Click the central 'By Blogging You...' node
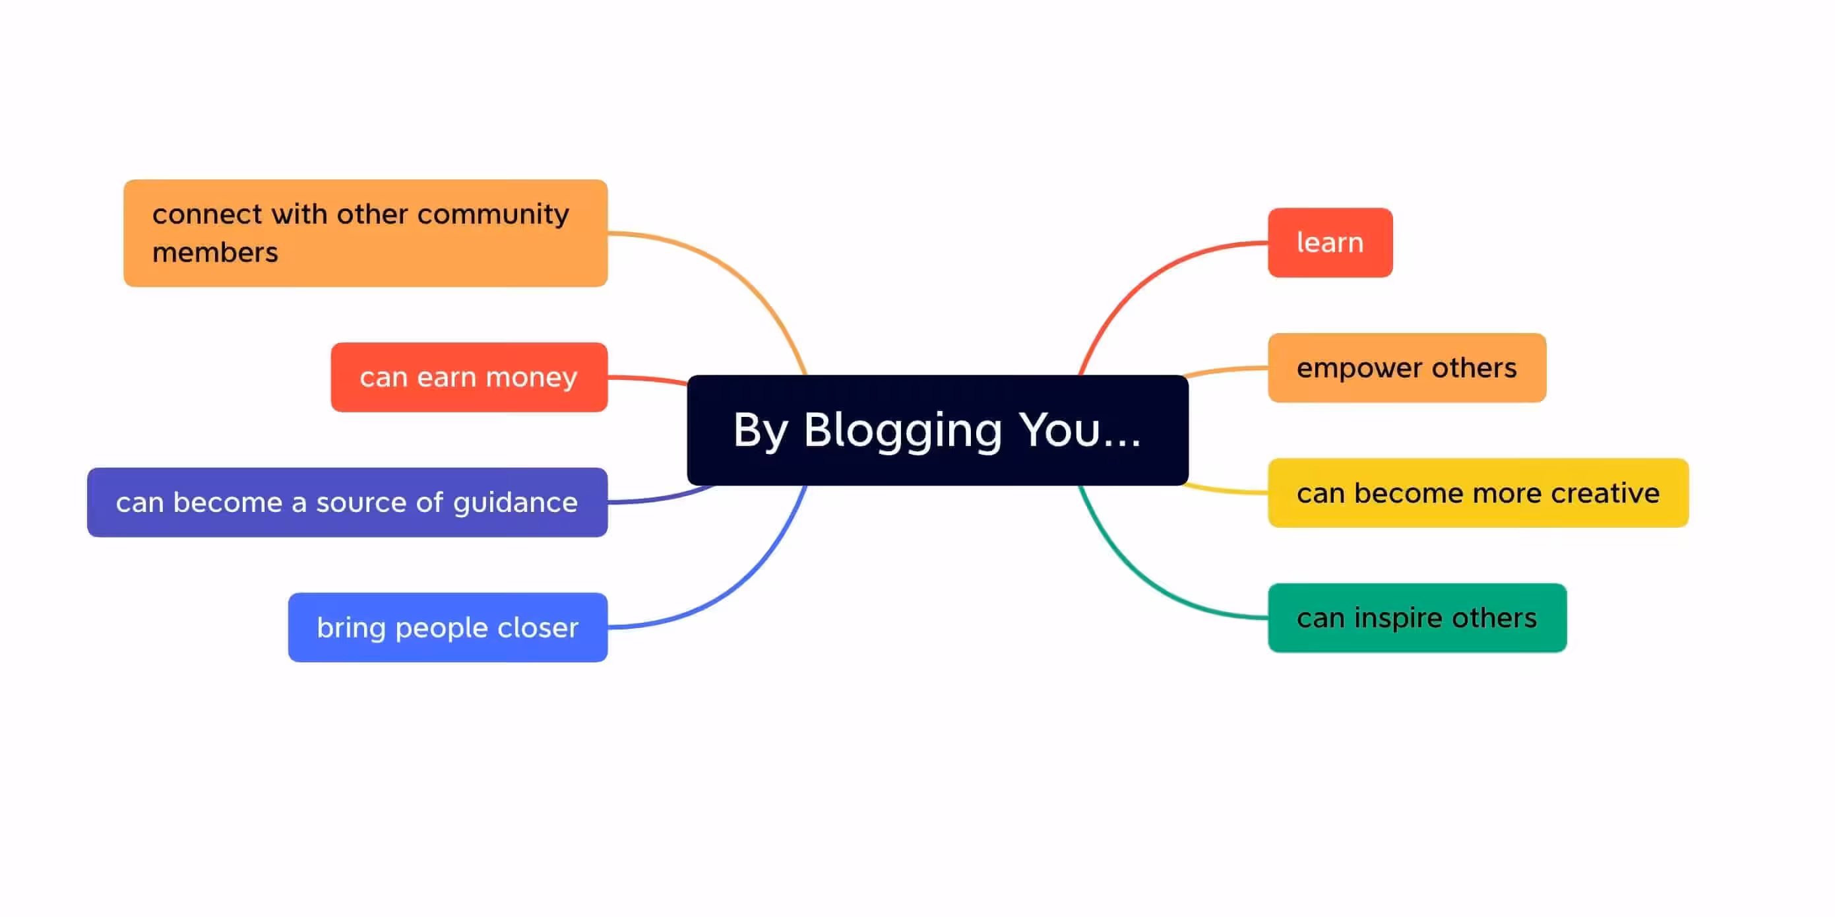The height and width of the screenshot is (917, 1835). (937, 429)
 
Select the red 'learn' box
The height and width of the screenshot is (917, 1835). (1329, 242)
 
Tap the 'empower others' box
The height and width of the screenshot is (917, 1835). (1406, 367)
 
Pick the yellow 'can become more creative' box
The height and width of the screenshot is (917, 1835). (1477, 492)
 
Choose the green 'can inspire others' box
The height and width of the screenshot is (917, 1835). (1416, 617)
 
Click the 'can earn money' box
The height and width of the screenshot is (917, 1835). (469, 377)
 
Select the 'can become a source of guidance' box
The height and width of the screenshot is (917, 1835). (347, 502)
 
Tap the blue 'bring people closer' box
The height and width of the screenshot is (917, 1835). (447, 627)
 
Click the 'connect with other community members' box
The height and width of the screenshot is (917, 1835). (365, 233)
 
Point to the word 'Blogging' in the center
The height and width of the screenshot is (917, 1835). (902, 431)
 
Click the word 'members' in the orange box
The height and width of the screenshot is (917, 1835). (215, 252)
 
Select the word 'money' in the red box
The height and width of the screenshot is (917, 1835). (532, 377)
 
